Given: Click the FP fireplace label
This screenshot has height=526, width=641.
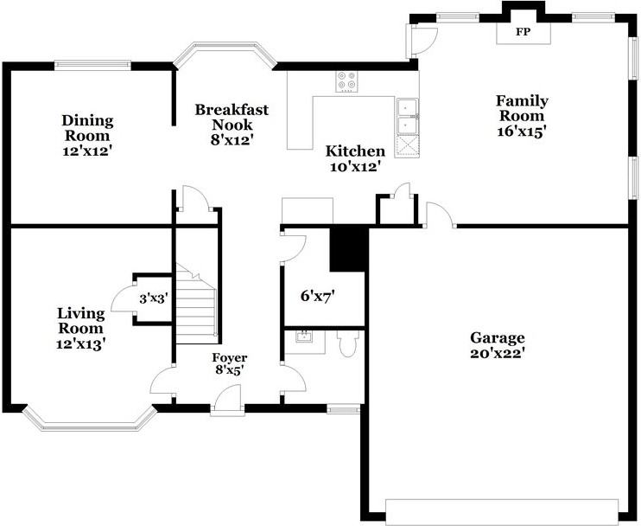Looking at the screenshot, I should (x=522, y=32).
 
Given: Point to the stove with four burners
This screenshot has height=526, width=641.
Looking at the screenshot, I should (x=347, y=81).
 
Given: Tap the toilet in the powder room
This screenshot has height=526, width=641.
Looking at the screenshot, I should (x=347, y=343).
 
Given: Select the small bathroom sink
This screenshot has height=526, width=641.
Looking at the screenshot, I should (x=303, y=337).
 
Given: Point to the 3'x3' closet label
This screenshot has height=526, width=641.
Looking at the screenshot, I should (x=153, y=298).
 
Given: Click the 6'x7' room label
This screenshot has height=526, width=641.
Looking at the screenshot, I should (x=317, y=296).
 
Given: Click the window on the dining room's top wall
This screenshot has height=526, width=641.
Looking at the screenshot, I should (x=92, y=63).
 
